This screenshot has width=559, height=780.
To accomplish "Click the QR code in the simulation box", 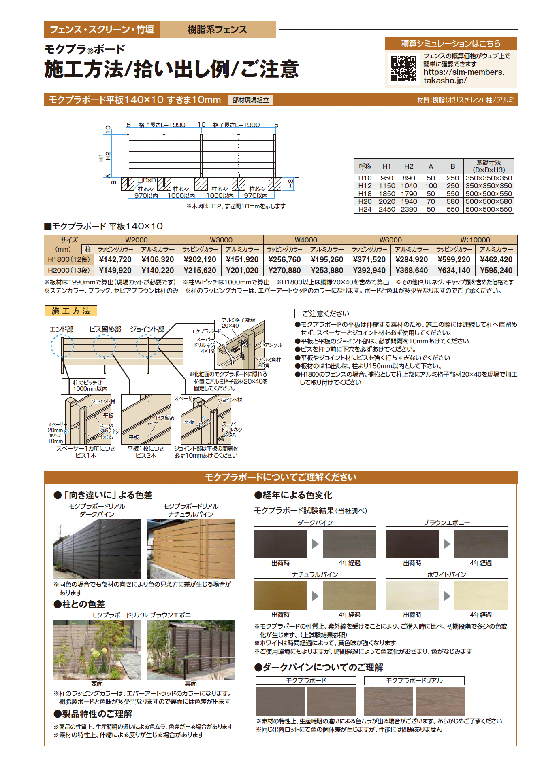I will point(403,69).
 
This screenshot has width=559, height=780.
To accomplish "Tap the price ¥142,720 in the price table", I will point(115,259).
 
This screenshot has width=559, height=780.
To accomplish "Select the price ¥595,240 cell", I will point(496,270).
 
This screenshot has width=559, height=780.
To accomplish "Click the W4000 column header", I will point(306,240).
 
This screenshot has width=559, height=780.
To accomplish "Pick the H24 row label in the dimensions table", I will point(365,210).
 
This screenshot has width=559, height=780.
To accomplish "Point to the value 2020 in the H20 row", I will point(387,201).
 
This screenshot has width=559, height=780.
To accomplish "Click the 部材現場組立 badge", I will point(251,100).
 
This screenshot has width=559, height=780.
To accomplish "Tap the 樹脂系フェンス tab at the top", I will point(218,30).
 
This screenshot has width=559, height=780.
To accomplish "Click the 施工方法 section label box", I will point(71,311).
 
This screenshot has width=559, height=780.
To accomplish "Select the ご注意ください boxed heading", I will point(326,314).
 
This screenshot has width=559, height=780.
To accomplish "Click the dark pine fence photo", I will point(97,549).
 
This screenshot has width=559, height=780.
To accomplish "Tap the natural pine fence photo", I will point(191,549).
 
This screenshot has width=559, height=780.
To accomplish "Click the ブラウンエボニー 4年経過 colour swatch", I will point(481,544).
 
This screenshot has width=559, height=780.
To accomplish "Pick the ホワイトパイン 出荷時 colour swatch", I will point(412,596).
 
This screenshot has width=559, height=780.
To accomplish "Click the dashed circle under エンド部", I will point(62,346).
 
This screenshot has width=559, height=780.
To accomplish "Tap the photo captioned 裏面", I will point(191,650).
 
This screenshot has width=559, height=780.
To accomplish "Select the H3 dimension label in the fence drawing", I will point(290,184).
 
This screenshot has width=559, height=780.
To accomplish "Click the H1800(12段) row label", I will point(69,259).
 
